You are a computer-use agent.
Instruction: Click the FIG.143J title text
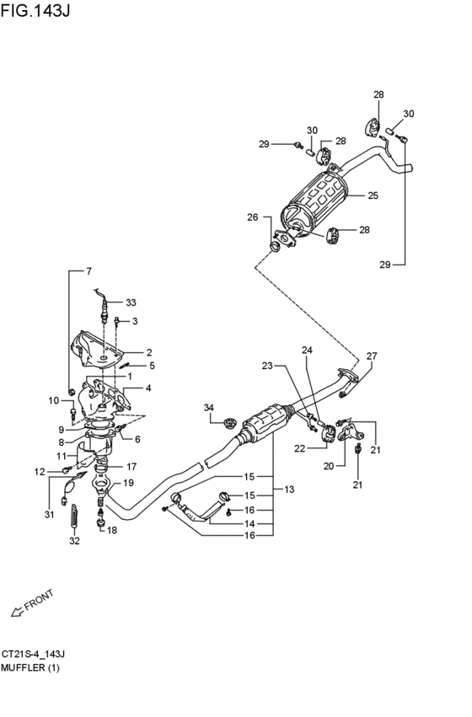point(35,10)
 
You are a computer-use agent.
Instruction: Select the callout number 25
point(373,195)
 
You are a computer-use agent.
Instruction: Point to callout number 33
point(131,302)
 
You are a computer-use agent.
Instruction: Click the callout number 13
point(289,490)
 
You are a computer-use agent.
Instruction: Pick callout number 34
point(208,408)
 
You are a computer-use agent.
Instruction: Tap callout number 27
point(372,356)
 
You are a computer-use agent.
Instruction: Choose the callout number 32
point(74,541)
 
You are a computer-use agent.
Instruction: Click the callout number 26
point(253,217)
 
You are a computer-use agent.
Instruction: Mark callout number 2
point(149,352)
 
